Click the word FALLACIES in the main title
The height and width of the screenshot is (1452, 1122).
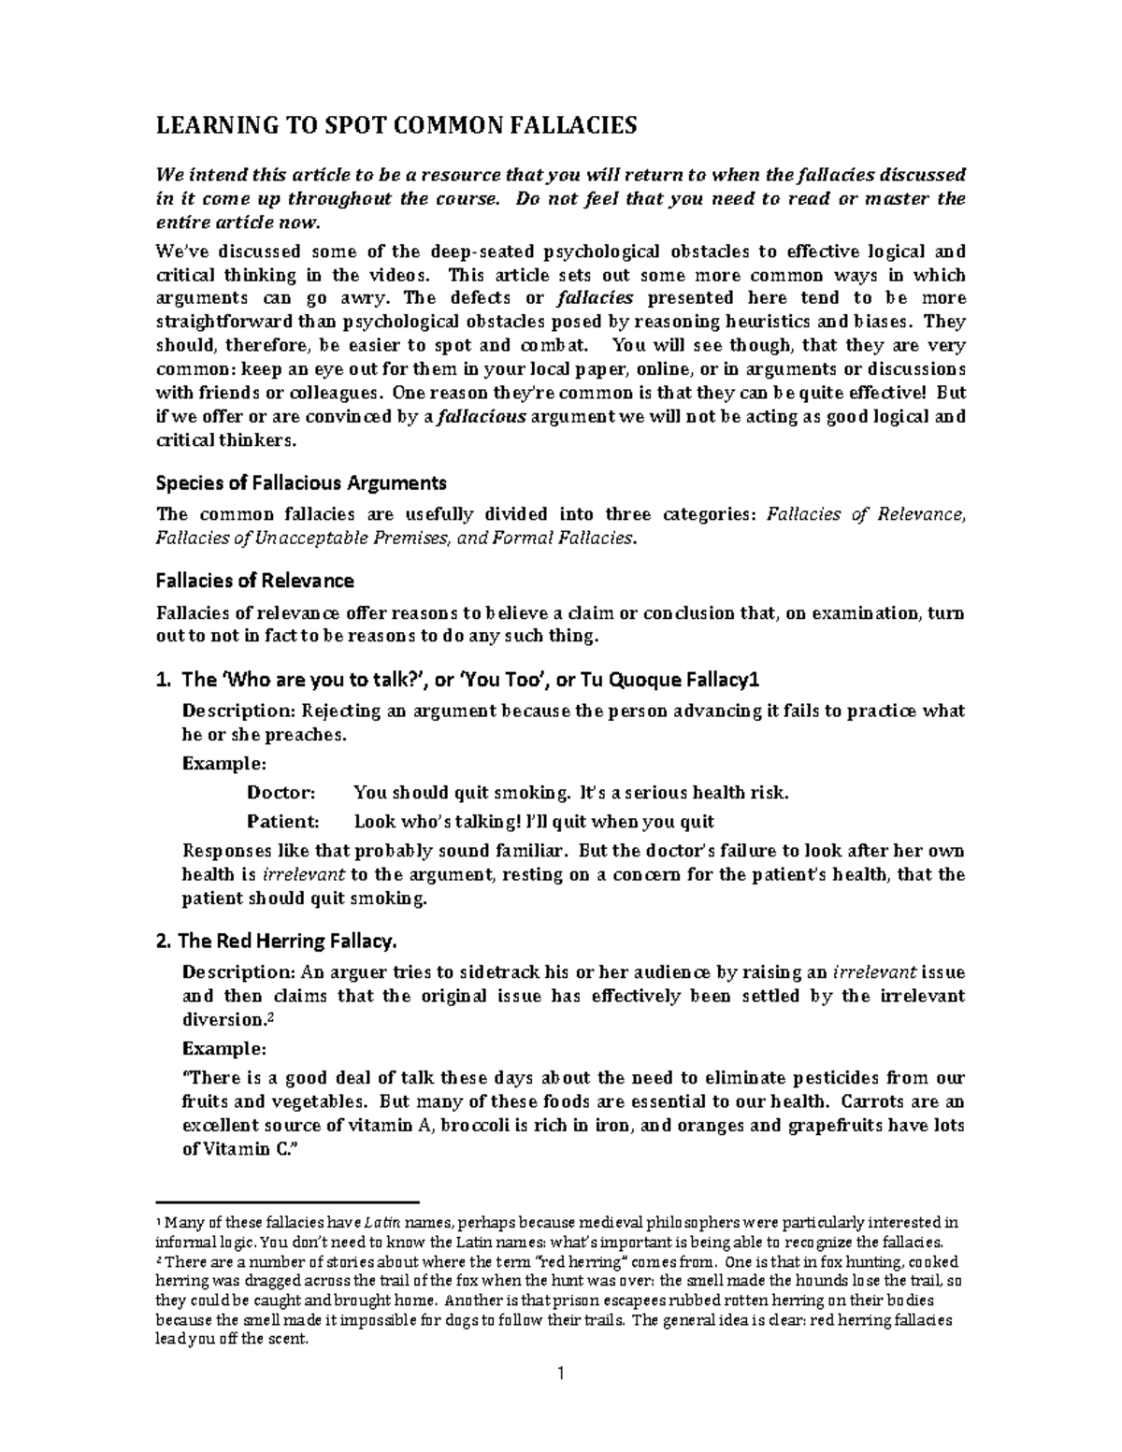click(574, 126)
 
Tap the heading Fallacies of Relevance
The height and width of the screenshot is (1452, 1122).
click(254, 581)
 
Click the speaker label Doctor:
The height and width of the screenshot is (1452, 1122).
click(281, 793)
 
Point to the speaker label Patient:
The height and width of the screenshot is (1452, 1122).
click(282, 822)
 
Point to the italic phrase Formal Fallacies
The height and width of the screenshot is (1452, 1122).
click(565, 538)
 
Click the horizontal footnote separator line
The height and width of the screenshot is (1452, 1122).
click(287, 1201)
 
